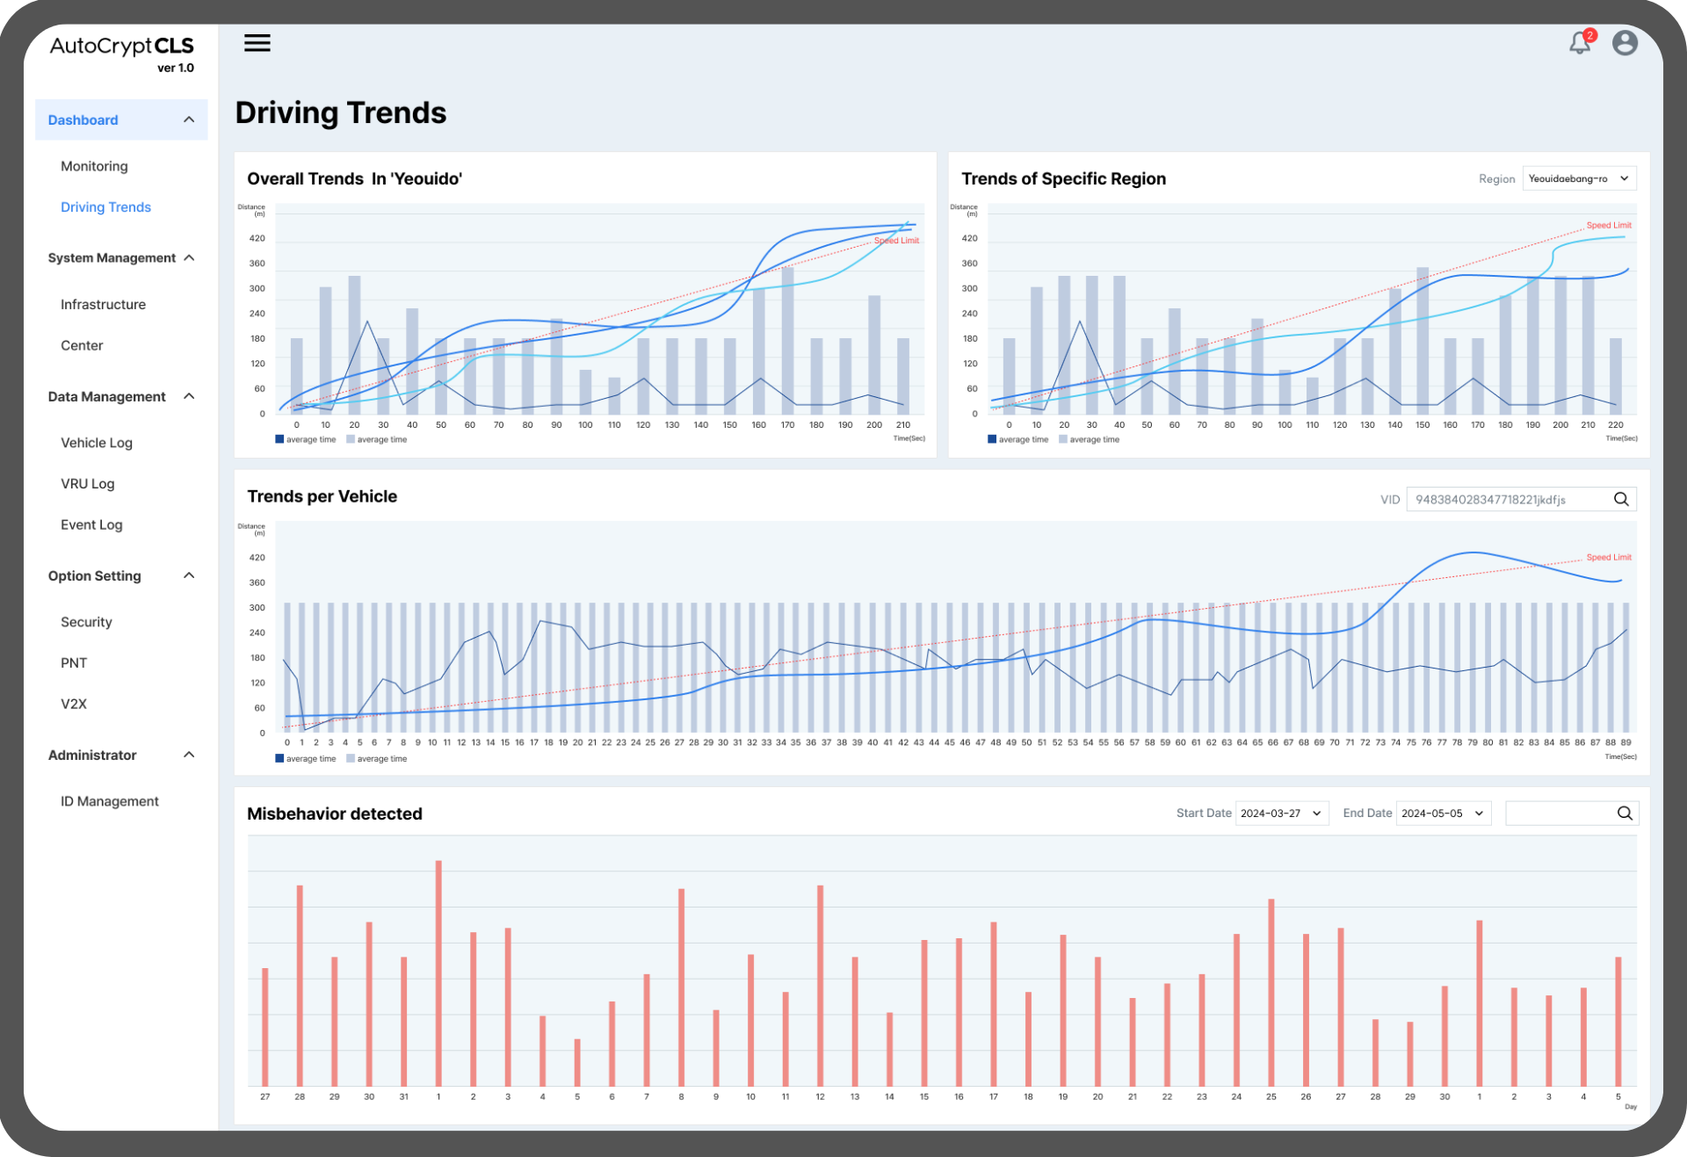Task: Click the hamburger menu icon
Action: [257, 43]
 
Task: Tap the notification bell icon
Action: [1580, 43]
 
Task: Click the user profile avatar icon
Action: [1625, 43]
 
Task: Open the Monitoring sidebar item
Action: [94, 166]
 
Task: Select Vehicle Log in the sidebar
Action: [97, 443]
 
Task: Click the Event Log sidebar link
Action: [91, 524]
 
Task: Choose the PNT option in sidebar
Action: [74, 662]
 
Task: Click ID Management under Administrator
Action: [110, 801]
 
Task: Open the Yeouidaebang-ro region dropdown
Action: [1579, 178]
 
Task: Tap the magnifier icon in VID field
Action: [1621, 499]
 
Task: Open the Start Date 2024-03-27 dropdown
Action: [1281, 814]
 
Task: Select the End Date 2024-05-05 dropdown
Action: [1443, 814]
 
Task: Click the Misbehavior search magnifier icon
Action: [1625, 814]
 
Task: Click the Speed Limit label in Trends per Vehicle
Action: [1608, 557]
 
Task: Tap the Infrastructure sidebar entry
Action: [103, 304]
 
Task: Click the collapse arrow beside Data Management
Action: [189, 396]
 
